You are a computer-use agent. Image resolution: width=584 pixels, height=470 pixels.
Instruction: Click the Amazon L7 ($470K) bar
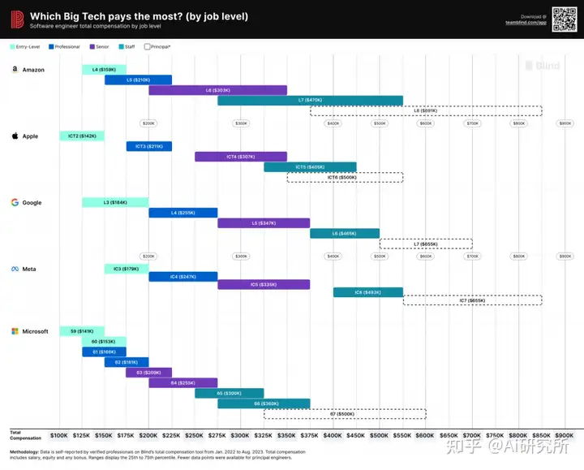point(310,100)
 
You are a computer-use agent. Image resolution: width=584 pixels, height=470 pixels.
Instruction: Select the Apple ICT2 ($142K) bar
point(82,136)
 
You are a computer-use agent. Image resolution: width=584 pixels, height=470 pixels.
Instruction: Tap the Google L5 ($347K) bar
point(264,222)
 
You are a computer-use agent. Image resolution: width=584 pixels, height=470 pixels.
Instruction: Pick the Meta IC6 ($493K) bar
point(367,291)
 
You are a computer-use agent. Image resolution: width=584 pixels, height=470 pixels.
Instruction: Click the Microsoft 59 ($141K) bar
point(82,331)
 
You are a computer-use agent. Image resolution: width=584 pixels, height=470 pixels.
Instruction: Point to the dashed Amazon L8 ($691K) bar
point(426,110)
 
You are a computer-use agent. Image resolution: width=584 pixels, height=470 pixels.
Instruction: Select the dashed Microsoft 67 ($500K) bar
point(345,414)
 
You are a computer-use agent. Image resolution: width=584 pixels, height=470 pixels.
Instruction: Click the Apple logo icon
point(15,136)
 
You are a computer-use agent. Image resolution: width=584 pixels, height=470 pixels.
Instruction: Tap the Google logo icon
point(15,202)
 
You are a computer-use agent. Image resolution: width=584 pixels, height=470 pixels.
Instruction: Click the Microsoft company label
point(35,331)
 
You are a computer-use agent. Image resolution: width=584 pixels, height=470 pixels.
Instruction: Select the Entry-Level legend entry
point(27,46)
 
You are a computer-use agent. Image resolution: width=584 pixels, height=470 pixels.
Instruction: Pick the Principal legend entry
point(158,46)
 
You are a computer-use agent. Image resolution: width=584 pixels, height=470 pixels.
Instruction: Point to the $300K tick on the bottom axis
point(241,435)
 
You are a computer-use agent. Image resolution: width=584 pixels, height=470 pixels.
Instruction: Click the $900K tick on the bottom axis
point(564,435)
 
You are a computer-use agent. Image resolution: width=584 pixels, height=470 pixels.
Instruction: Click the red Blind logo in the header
point(16,18)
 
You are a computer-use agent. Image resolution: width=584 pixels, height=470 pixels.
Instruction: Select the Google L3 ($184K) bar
point(115,202)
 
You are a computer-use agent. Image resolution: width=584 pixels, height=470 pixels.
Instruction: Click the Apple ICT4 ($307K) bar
point(240,157)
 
